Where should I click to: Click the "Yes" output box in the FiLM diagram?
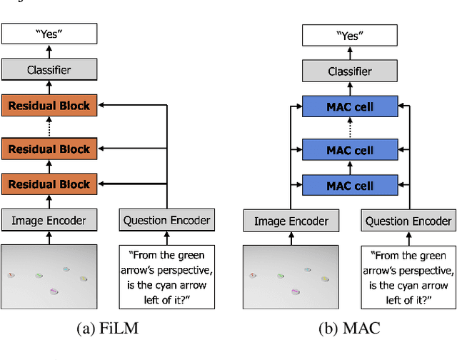[x=49, y=33]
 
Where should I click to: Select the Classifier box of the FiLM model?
[x=49, y=69]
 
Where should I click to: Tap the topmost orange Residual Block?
[x=49, y=106]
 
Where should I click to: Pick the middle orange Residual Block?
[x=49, y=149]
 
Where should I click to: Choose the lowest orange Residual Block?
[x=49, y=184]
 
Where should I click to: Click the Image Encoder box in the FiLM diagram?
[x=49, y=220]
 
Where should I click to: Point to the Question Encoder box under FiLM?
[x=166, y=220]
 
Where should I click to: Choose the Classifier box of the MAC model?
[x=350, y=71]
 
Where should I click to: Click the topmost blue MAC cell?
[x=350, y=108]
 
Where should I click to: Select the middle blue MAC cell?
[x=350, y=151]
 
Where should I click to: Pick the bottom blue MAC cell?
[x=350, y=186]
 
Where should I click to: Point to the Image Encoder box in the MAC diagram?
[x=291, y=221]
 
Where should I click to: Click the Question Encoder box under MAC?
[x=408, y=221]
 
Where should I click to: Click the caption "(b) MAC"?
[x=349, y=329]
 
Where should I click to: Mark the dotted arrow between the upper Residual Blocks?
[x=49, y=127]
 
